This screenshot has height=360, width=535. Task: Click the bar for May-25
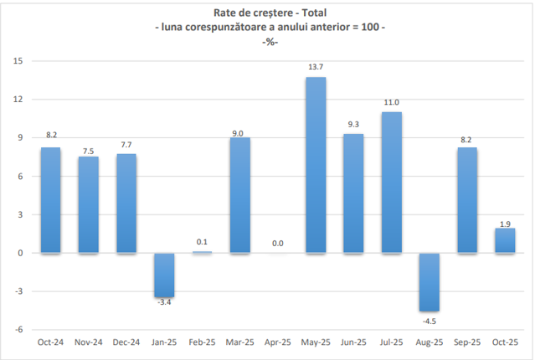[316, 165]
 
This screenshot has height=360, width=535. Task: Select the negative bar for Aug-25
[430, 282]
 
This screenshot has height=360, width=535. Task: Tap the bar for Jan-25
[164, 275]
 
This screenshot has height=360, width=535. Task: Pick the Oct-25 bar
[505, 240]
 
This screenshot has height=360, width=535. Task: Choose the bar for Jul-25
[391, 183]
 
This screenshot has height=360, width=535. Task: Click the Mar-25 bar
[239, 195]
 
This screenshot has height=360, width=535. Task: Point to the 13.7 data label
[316, 67]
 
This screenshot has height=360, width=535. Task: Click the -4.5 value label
[430, 321]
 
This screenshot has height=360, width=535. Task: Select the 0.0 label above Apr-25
[278, 244]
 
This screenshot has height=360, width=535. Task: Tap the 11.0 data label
[391, 102]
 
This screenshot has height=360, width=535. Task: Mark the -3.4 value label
[164, 302]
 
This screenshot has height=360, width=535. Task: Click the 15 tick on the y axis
[18, 61]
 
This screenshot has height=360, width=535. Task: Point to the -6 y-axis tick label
[18, 330]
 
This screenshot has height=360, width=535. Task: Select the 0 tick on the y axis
[20, 253]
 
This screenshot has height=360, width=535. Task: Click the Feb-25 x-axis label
[202, 342]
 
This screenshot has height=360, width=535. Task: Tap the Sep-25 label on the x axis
[467, 342]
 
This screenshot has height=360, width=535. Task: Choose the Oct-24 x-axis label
[50, 342]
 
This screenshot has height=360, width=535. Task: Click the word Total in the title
[314, 13]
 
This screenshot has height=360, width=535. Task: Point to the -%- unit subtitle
[270, 42]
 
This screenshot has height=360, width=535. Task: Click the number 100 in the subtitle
[370, 27]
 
